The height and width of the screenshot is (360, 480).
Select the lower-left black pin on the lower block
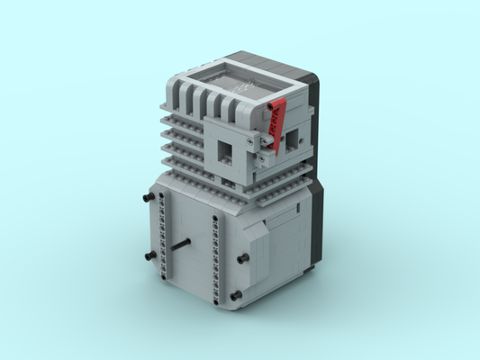point(144,256)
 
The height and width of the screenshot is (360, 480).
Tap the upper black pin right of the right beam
point(242,259)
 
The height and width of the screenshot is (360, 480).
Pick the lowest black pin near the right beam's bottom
point(235,296)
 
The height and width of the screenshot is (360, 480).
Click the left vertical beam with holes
point(162,238)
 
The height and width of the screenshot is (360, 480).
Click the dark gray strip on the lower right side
point(314,225)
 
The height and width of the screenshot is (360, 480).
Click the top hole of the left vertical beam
point(159,199)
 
